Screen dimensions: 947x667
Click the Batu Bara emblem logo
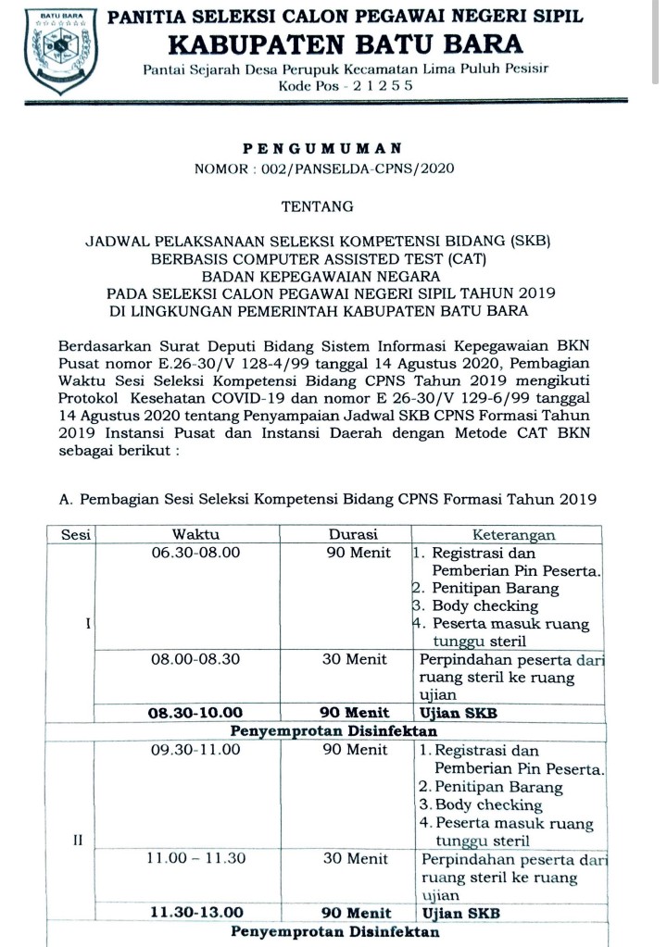(58, 50)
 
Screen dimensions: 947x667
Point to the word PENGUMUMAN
(322, 147)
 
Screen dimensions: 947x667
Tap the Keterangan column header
(513, 534)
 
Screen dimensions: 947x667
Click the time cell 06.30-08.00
(195, 553)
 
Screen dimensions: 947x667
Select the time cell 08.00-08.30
(195, 660)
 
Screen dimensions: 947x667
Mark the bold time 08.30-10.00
(195, 713)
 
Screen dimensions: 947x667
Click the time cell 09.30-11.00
(195, 750)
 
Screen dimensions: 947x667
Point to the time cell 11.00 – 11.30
(195, 858)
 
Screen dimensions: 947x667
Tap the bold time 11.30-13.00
(195, 912)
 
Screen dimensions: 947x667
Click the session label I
(87, 624)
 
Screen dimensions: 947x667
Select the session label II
(78, 840)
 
